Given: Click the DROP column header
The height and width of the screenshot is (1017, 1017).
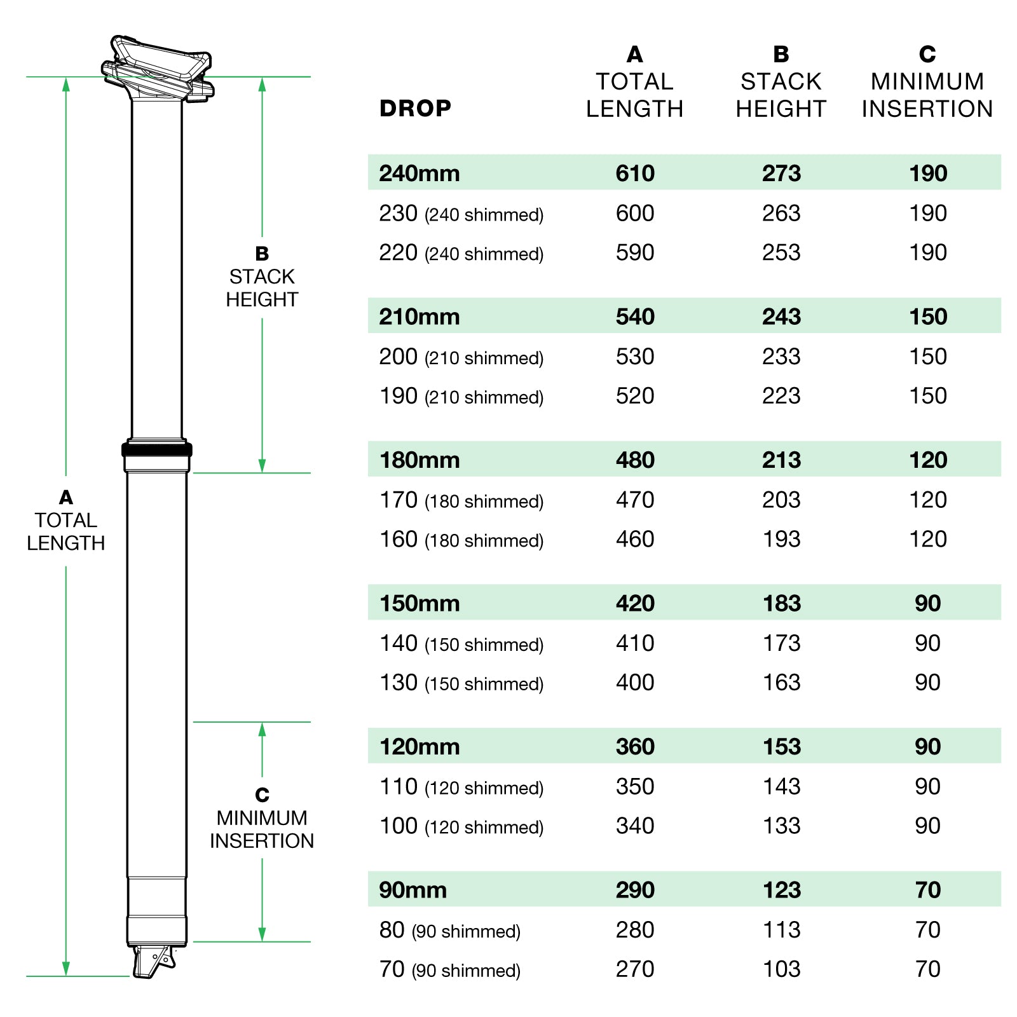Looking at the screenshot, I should pyautogui.click(x=415, y=109).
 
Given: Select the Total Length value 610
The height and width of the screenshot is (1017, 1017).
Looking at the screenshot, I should pyautogui.click(x=634, y=173).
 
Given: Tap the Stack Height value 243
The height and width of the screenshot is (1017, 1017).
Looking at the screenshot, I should pyautogui.click(x=781, y=317).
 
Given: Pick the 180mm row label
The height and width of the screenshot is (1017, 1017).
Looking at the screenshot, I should pyautogui.click(x=420, y=460).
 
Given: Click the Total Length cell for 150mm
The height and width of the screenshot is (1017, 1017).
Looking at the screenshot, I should pyautogui.click(x=634, y=603).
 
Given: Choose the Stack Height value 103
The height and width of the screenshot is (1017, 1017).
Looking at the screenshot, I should pyautogui.click(x=781, y=969).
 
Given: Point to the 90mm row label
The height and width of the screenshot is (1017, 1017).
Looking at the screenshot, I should pyautogui.click(x=413, y=890).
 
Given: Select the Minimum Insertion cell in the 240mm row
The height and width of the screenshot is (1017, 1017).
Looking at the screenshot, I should pyautogui.click(x=927, y=173).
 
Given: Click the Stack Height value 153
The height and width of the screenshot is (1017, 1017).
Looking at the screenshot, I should pyautogui.click(x=781, y=746).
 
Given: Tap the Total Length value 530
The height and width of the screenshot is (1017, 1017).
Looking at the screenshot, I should pyautogui.click(x=634, y=357).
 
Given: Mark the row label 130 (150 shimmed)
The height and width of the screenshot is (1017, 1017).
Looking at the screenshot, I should pyautogui.click(x=461, y=683).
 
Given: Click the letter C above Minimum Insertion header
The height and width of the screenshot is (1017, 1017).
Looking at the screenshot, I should pyautogui.click(x=927, y=55).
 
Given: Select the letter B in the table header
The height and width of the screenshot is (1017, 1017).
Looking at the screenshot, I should pyautogui.click(x=781, y=55).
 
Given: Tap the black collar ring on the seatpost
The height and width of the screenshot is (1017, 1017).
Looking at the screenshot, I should pyautogui.click(x=157, y=450).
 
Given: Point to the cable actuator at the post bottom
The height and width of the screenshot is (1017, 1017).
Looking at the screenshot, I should pyautogui.click(x=153, y=960).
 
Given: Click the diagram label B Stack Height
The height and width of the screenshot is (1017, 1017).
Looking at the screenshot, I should pyautogui.click(x=262, y=277).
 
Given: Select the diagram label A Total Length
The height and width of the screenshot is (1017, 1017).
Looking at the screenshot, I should pyautogui.click(x=65, y=521).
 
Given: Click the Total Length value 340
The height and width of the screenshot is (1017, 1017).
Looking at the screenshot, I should pyautogui.click(x=634, y=826).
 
